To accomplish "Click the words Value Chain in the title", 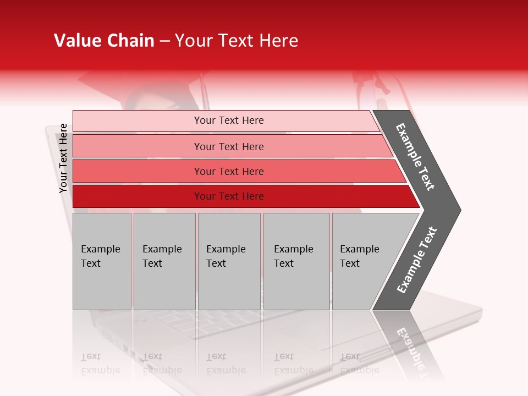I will coord(104,41).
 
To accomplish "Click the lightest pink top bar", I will coord(137,120).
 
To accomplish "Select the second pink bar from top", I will coord(137,146).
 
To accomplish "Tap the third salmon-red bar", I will coord(137,171).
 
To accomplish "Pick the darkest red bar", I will coord(137,196).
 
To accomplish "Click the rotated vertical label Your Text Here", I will coord(63,158).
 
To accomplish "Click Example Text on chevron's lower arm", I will coord(417,260).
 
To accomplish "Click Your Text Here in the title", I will coord(237,41).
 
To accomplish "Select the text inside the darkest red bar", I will coord(229,196).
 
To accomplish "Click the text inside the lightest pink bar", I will coord(229,120).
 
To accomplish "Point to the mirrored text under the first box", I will coord(100,364).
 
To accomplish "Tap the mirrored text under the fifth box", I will coord(359,364).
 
